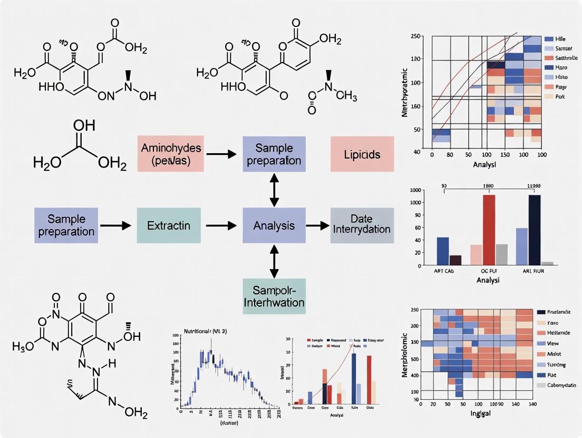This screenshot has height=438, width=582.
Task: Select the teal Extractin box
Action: click(x=169, y=225)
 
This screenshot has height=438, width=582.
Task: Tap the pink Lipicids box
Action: click(x=362, y=154)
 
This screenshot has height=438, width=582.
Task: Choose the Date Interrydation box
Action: click(x=362, y=225)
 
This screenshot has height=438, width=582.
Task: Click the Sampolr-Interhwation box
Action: click(x=274, y=296)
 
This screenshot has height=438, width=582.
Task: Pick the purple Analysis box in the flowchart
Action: click(x=274, y=225)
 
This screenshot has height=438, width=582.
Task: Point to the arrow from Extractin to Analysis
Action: click(x=221, y=225)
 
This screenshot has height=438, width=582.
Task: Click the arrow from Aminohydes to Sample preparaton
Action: click(x=221, y=154)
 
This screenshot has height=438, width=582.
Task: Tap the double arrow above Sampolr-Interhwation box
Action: click(x=274, y=261)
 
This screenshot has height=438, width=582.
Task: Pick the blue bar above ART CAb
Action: click(x=443, y=251)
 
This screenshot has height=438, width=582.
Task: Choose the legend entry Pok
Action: click(x=560, y=96)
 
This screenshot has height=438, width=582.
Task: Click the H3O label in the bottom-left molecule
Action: click(x=24, y=347)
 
